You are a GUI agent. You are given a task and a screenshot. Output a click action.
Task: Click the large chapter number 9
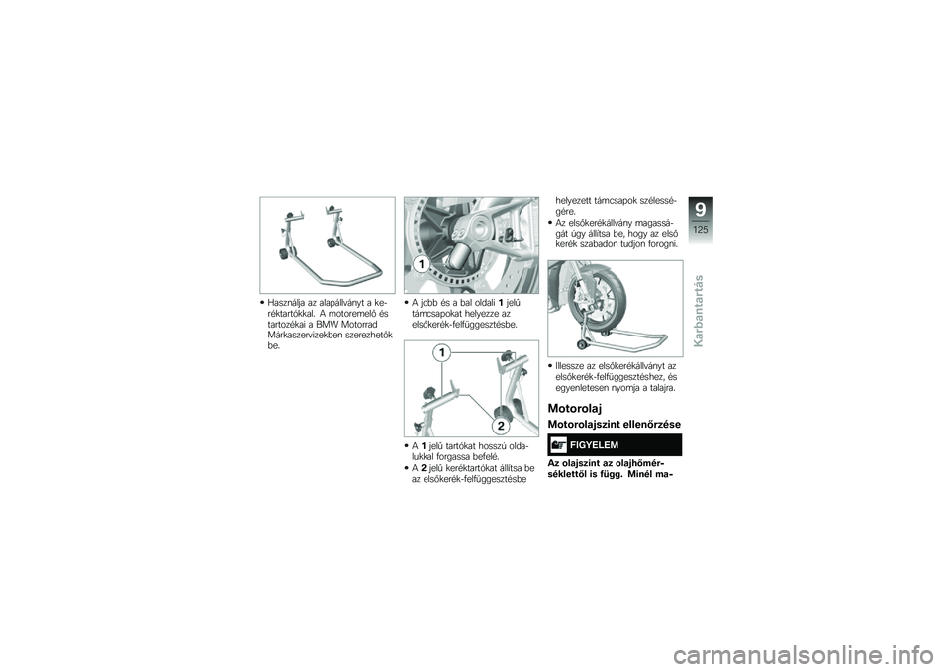701,210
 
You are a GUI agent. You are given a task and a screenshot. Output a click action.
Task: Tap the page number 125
701,230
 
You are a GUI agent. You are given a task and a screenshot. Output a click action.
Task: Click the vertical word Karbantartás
699,311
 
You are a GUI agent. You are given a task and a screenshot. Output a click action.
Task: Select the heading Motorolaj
571,409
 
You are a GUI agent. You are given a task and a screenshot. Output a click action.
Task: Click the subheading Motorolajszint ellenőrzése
614,424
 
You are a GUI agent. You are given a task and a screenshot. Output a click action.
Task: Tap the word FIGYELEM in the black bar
594,445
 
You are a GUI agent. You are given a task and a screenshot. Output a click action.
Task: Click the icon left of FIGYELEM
558,445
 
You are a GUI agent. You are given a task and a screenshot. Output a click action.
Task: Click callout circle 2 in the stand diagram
501,425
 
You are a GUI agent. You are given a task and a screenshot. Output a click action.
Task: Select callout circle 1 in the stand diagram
443,352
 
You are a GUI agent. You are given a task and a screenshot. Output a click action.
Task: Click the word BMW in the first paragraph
328,325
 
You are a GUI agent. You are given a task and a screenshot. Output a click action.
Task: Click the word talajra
660,388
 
